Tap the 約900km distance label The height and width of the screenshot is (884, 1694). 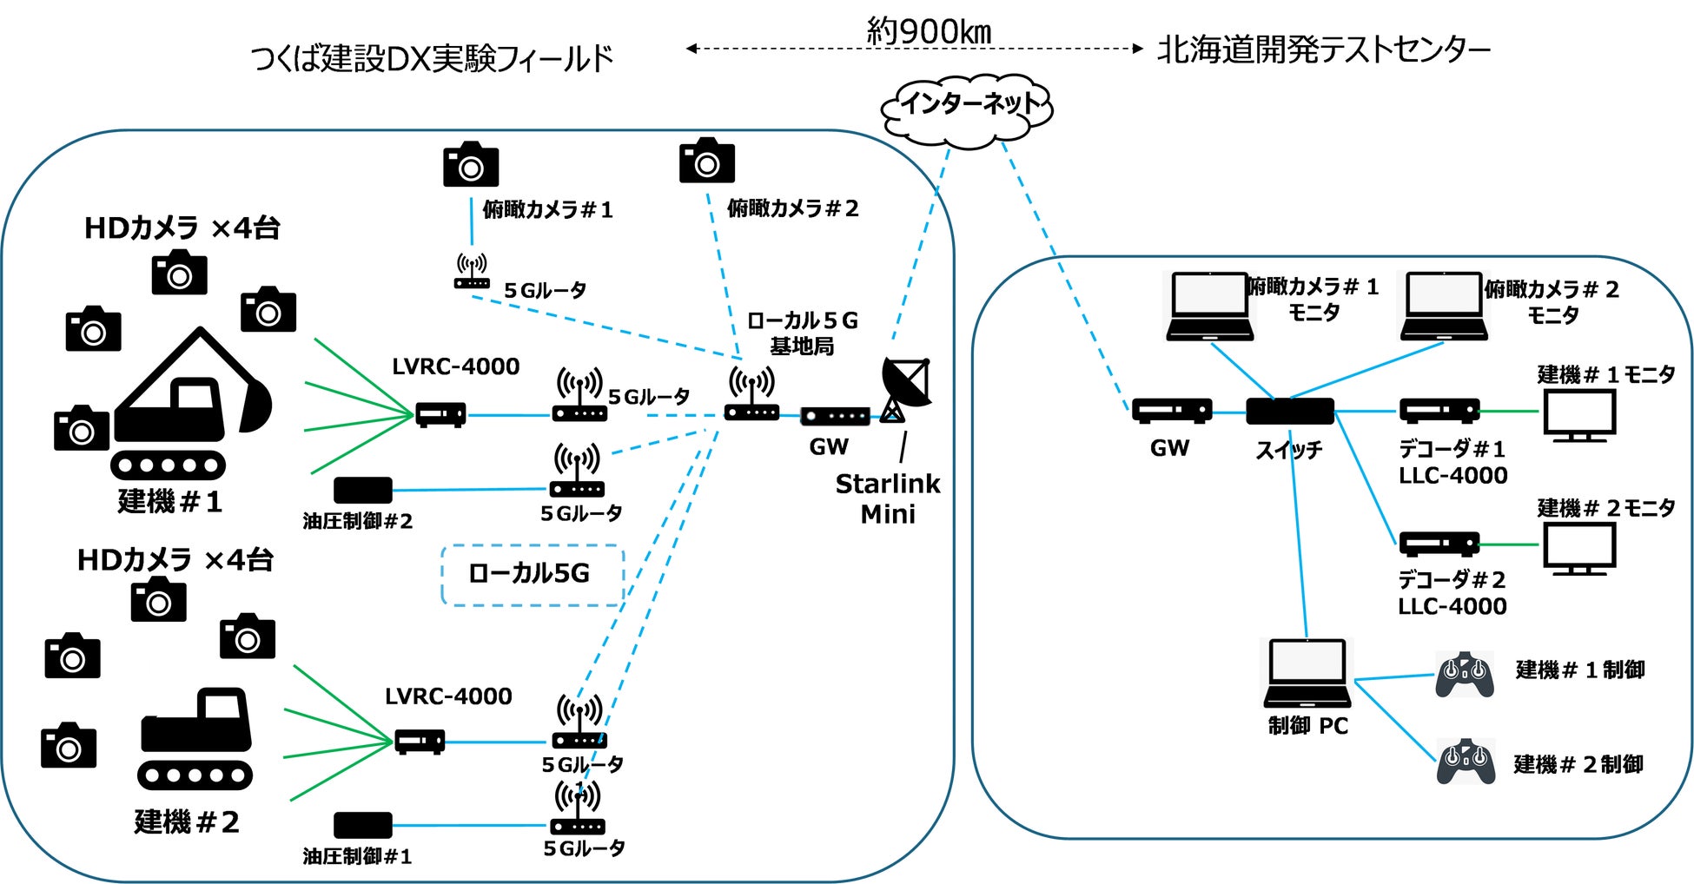pos(929,31)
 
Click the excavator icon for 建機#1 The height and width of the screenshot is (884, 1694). pos(191,404)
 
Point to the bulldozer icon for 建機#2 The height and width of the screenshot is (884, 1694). pos(195,738)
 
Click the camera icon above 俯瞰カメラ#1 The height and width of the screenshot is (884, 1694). pos(471,165)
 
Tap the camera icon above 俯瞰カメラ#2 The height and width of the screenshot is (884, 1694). pos(706,161)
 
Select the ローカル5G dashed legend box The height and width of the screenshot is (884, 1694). pos(533,574)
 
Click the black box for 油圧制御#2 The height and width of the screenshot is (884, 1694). pos(363,491)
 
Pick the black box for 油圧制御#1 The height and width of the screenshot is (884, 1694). pos(363,825)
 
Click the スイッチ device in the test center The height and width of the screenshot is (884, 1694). pos(1289,412)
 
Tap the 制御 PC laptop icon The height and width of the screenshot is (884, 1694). pos(1307,675)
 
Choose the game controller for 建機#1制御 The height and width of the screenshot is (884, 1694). pos(1465,675)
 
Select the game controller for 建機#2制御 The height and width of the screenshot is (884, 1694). pos(1466,762)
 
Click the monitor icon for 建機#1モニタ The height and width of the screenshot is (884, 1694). pos(1578,415)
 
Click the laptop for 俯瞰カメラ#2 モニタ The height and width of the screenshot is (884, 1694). pos(1443,307)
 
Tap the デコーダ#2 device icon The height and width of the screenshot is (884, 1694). pos(1439,544)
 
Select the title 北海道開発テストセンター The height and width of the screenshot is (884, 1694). pos(1324,49)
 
